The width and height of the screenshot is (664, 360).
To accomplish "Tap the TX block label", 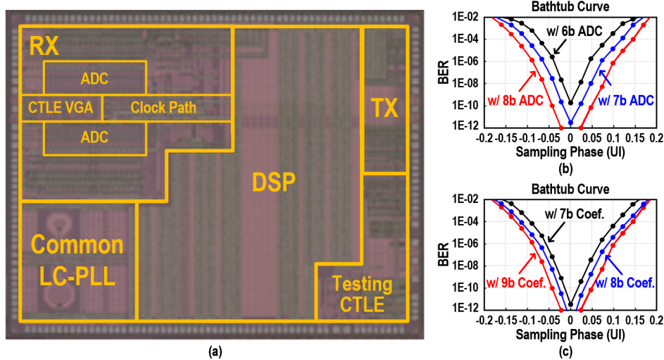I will pyautogui.click(x=384, y=108).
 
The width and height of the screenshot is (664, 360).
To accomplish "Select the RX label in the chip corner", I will pyautogui.click(x=44, y=47).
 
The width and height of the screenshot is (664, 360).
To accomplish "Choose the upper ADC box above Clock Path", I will pyautogui.click(x=95, y=77).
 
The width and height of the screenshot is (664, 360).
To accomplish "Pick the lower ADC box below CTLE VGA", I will pyautogui.click(x=95, y=138).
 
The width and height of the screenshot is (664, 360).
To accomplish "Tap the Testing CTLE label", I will pyautogui.click(x=362, y=294).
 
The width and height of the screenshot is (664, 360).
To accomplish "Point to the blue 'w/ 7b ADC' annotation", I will pyautogui.click(x=626, y=101).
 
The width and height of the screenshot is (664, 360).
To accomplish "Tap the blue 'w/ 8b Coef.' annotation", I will pyautogui.click(x=626, y=284).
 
